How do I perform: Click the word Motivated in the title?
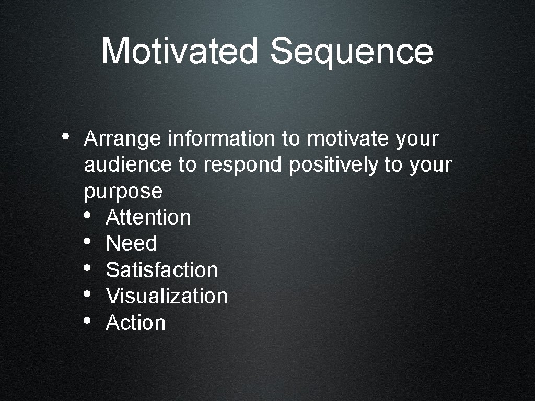[179, 51]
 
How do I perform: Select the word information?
[222, 139]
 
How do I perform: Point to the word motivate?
[348, 139]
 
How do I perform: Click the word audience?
[127, 165]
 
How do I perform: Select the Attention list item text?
[148, 217]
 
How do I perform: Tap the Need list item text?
[131, 243]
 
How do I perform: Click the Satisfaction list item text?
[161, 270]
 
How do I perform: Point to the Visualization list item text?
[167, 296]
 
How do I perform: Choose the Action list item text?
[135, 323]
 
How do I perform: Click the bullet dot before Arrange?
[65, 136]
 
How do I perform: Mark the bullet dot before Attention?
[87, 215]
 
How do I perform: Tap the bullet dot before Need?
[87, 241]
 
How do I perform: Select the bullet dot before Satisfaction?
[87, 268]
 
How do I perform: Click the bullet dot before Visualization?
[87, 294]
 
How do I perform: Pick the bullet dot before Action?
[87, 320]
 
